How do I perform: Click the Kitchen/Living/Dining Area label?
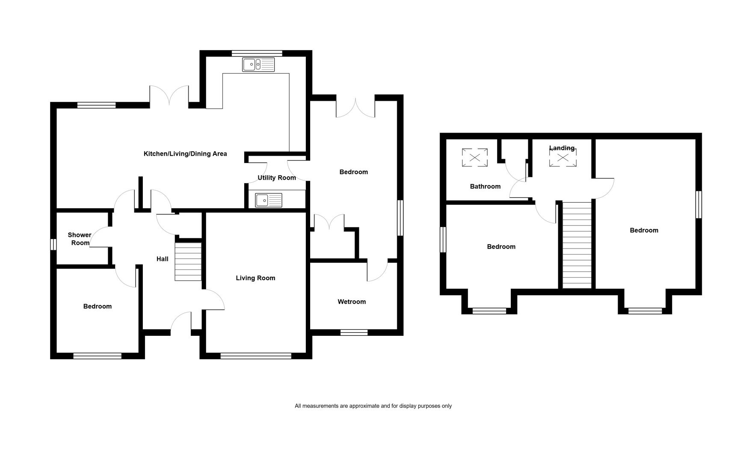click(185, 154)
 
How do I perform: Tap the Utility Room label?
click(277, 178)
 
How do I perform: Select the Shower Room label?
click(80, 239)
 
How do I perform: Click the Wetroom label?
click(352, 302)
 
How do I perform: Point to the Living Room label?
click(255, 278)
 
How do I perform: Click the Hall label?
click(163, 259)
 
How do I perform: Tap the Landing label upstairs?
click(562, 148)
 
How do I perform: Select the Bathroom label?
click(485, 187)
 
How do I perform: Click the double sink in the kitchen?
click(258, 65)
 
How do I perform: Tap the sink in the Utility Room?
click(269, 200)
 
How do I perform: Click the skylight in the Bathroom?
click(475, 157)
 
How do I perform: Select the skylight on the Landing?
click(563, 158)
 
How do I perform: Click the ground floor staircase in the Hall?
click(188, 262)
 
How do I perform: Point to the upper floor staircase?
click(577, 245)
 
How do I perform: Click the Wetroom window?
click(354, 332)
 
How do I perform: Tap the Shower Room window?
click(53, 244)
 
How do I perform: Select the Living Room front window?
click(256, 355)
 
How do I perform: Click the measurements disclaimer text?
click(373, 406)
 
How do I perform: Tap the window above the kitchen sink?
click(257, 53)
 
